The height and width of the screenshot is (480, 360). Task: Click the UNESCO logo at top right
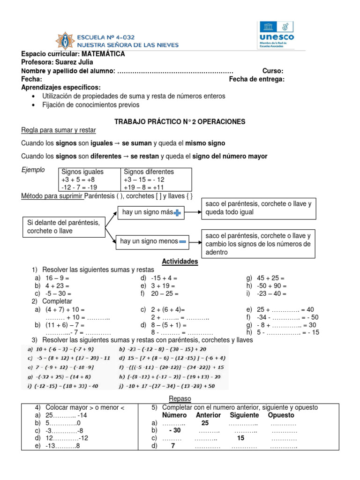pyautogui.click(x=276, y=35)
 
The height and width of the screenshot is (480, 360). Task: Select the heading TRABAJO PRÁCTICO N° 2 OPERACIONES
pyautogui.click(x=180, y=121)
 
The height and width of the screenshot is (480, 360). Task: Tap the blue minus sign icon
pyautogui.click(x=183, y=242)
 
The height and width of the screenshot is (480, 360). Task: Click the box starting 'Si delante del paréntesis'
pyautogui.click(x=63, y=227)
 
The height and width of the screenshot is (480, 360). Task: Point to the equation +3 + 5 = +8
pyautogui.click(x=78, y=180)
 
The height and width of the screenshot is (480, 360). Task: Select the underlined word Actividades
pyautogui.click(x=180, y=262)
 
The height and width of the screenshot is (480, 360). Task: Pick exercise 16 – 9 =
pyautogui.click(x=57, y=278)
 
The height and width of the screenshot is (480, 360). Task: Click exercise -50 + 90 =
pyautogui.click(x=271, y=286)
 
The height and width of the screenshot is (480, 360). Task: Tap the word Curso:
pyautogui.click(x=272, y=71)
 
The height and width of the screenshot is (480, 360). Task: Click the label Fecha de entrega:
pyautogui.click(x=256, y=79)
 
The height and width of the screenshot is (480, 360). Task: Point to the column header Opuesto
pyautogui.click(x=281, y=415)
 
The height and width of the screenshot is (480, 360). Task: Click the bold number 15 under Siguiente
pyautogui.click(x=240, y=438)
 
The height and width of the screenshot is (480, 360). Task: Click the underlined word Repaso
pyautogui.click(x=180, y=398)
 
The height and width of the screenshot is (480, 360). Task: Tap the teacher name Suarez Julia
pyautogui.click(x=75, y=62)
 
